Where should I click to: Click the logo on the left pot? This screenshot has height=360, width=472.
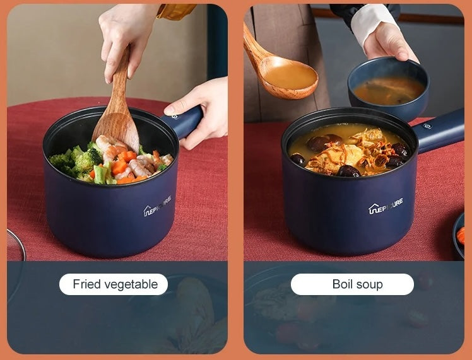157,206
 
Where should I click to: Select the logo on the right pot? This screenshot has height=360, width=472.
386,206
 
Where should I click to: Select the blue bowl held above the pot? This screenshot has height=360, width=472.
387,88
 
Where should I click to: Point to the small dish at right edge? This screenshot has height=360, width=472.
459,236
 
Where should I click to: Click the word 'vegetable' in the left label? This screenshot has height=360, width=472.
131,284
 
